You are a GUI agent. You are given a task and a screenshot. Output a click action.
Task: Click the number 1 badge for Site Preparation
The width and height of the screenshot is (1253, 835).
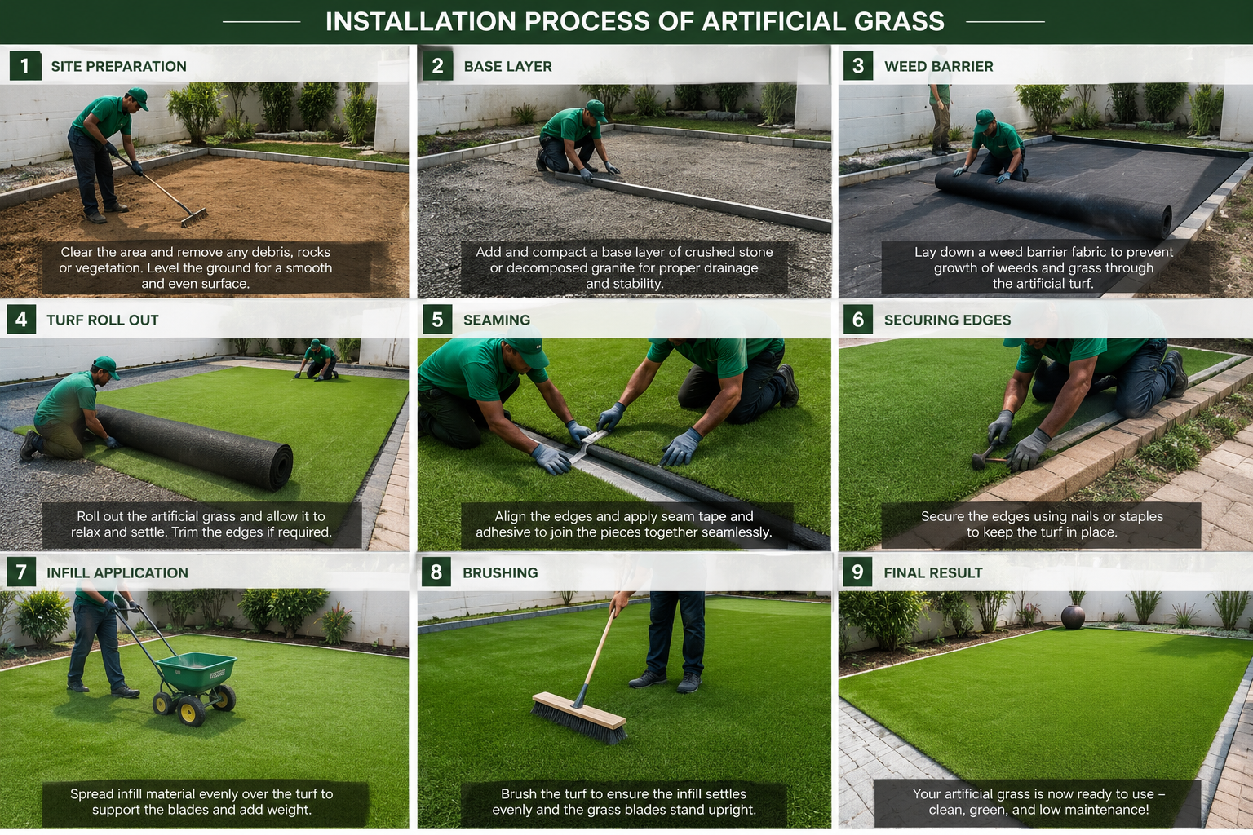coord(25,66)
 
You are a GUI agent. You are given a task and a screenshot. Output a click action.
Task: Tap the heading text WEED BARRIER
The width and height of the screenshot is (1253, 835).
coord(939,66)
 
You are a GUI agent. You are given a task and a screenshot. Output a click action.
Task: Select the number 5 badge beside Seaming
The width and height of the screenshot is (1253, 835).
coord(437,320)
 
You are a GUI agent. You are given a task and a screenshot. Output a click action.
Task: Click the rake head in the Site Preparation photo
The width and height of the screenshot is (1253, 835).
coord(194,218)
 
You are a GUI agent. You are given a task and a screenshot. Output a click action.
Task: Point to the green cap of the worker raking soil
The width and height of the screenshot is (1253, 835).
coord(138,97)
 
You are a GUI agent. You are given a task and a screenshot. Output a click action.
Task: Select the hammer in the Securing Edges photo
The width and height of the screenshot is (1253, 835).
coord(986,456)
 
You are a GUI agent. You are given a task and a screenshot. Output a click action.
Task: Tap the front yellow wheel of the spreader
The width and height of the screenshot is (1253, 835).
coord(191,711)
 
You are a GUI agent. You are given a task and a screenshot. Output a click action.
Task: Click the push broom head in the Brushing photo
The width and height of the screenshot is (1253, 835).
coord(579,718)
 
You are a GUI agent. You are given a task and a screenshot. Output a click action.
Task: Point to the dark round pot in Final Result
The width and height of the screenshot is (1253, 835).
coord(1073,617)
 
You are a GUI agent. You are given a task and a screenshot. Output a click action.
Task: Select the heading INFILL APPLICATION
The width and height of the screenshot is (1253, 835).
coord(117,572)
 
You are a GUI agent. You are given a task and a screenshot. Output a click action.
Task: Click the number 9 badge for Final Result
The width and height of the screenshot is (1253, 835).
coord(857,572)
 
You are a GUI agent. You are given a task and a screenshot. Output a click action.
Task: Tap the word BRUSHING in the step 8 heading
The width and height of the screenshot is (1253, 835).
coord(500,572)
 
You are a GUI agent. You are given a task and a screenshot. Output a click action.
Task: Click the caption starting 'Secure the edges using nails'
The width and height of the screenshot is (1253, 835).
coord(1042,524)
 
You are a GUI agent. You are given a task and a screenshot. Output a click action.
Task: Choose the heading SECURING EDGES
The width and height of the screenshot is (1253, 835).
coord(947,320)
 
